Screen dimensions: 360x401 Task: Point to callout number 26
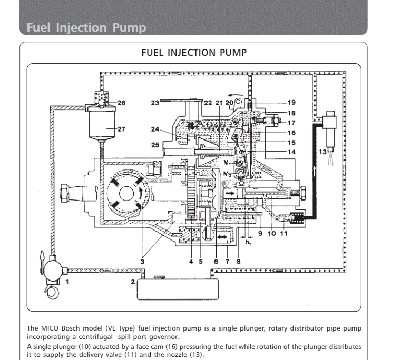[x=121, y=103]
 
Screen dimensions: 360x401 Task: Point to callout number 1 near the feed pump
[x=67, y=281]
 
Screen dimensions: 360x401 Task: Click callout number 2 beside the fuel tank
[x=133, y=282]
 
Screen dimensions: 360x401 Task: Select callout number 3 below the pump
[x=142, y=260]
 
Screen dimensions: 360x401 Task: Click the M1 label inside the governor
[x=226, y=162]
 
